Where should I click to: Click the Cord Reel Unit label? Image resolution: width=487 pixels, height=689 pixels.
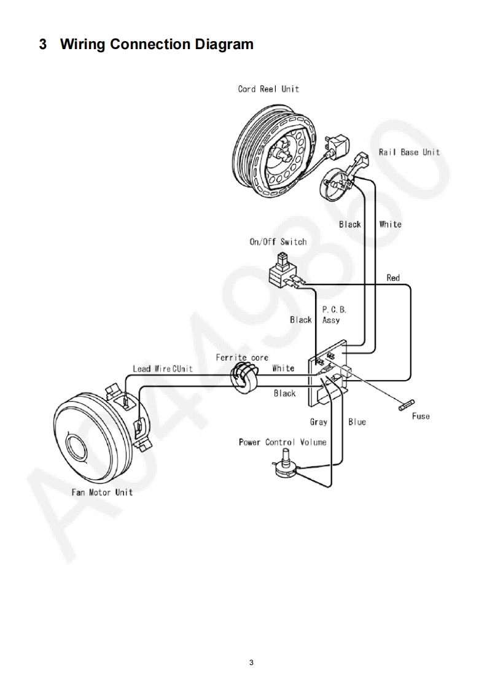coord(268,89)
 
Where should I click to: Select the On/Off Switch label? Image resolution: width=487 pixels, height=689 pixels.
coord(278,242)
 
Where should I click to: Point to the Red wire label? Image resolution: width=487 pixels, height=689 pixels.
coord(393,278)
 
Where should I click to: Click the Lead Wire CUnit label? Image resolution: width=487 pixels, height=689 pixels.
coord(163,368)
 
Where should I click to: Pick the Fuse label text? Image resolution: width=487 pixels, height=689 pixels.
coord(421,416)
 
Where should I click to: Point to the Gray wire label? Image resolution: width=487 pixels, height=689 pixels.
coord(318,422)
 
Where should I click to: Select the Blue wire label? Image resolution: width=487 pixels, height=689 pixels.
coord(357,422)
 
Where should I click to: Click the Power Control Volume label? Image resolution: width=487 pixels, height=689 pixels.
coord(282,442)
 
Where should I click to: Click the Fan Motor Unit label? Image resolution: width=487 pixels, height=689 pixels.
coord(101,492)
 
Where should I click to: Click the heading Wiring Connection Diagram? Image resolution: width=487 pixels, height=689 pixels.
coord(156,44)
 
